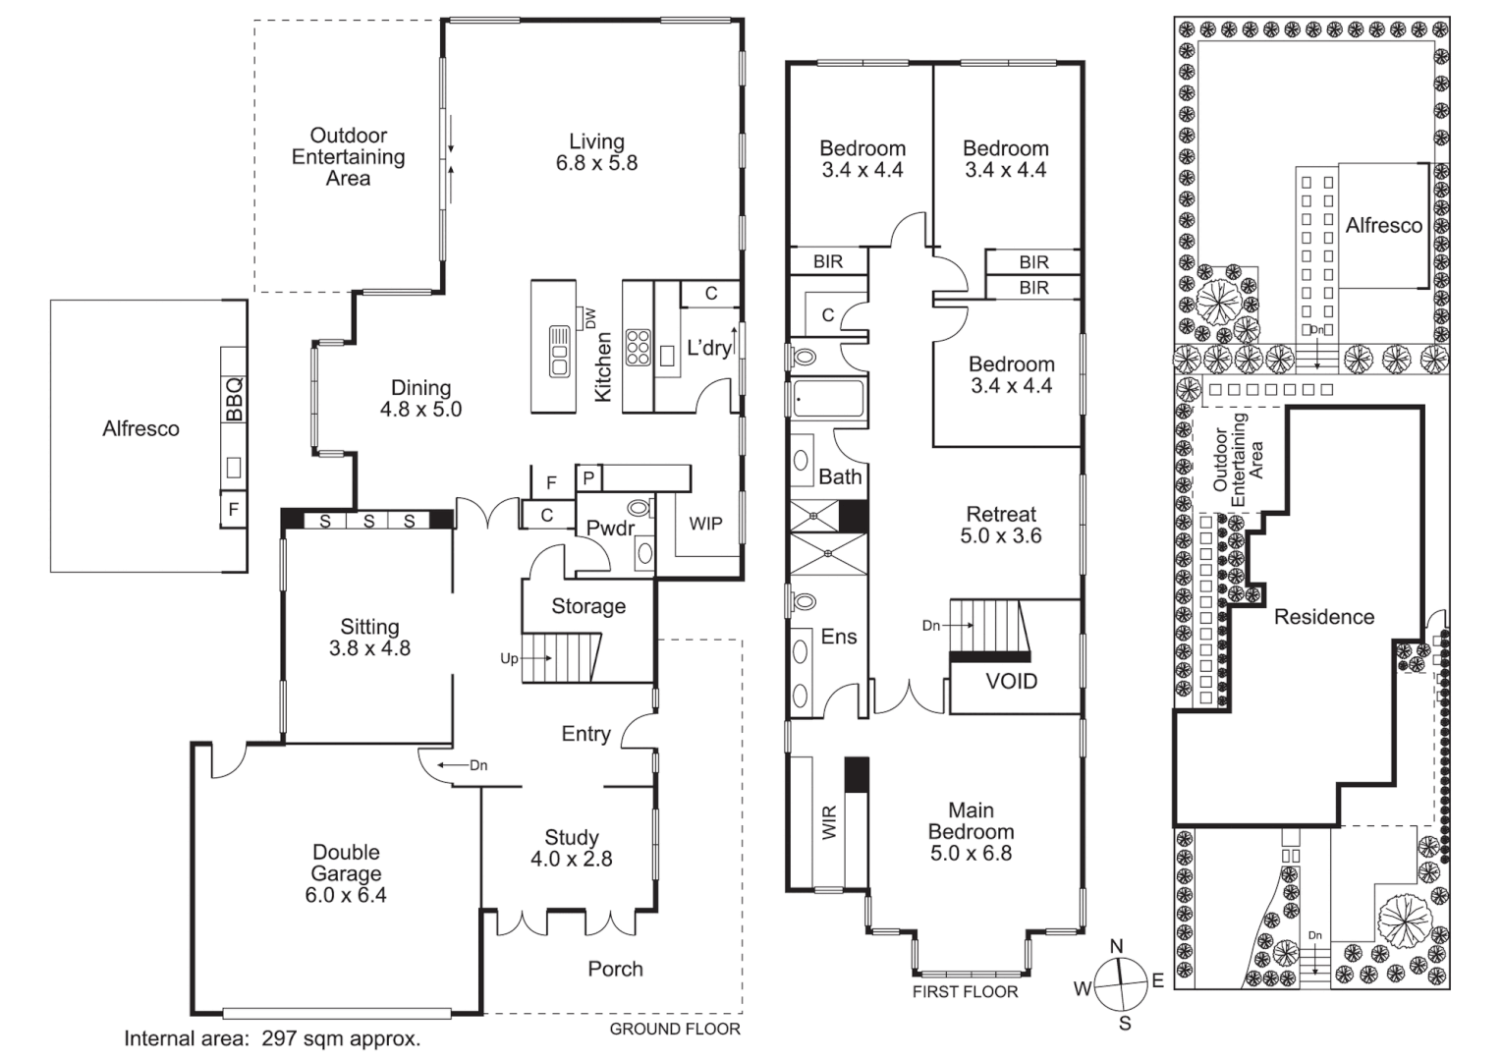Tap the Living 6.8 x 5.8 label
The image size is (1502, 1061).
click(x=596, y=152)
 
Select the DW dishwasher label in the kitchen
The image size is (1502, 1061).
click(x=590, y=318)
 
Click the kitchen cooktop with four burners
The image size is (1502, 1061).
click(x=638, y=347)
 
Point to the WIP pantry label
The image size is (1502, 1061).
click(x=705, y=524)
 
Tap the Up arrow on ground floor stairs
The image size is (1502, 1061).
click(x=509, y=659)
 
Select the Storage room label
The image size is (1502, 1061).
click(x=587, y=606)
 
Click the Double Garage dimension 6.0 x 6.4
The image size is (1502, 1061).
click(x=346, y=895)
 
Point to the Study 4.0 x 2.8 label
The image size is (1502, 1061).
click(x=572, y=848)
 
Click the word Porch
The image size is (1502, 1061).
click(x=615, y=969)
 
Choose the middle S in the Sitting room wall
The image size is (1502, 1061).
click(x=368, y=522)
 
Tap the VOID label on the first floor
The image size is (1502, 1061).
click(x=1011, y=681)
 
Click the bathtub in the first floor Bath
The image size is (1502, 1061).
click(x=827, y=400)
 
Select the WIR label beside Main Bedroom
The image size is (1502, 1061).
click(x=829, y=822)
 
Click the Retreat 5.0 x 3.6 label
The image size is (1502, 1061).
click(x=1001, y=525)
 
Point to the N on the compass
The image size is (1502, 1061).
click(x=1116, y=946)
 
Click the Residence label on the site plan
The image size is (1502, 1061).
click(x=1323, y=617)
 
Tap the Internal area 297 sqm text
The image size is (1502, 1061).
click(x=272, y=1038)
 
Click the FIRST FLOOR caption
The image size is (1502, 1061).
click(x=965, y=991)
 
